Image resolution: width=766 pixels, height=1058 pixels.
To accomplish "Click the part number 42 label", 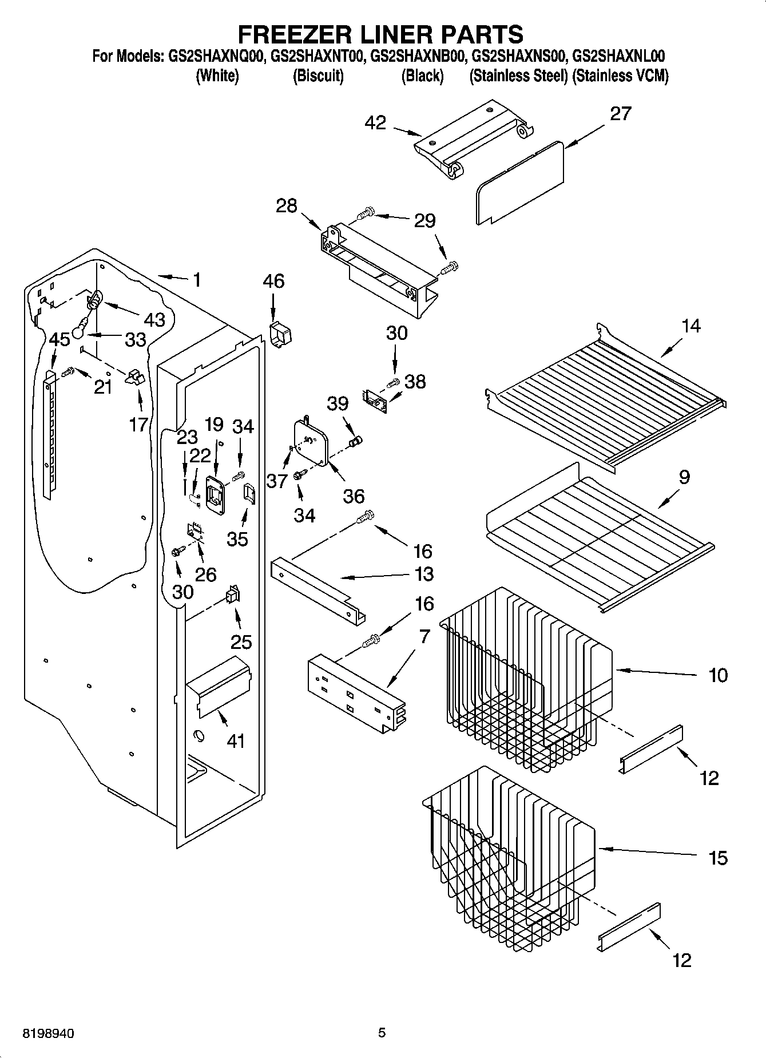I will tap(375, 123).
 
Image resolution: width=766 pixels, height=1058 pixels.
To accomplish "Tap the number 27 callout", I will tap(620, 114).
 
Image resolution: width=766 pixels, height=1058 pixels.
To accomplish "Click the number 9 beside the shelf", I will tap(684, 477).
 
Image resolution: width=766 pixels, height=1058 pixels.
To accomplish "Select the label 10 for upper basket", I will tap(718, 675).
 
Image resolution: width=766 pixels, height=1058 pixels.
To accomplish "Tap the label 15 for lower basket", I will tap(718, 858).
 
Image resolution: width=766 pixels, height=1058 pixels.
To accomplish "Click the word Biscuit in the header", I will tap(318, 76).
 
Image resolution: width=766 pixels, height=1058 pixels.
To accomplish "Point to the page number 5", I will tap(382, 1033).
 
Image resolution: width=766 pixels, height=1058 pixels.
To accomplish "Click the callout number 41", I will tap(236, 741).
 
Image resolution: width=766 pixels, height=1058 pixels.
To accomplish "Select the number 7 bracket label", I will tap(424, 637).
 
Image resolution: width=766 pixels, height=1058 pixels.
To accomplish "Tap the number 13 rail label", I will tap(424, 574).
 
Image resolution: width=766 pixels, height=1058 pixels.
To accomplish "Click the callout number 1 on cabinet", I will tap(197, 280).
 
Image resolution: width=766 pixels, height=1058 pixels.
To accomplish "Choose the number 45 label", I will tap(59, 339).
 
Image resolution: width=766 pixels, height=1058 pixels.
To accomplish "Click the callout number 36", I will tap(354, 496).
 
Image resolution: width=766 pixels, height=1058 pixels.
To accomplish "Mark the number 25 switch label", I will tap(241, 641).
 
